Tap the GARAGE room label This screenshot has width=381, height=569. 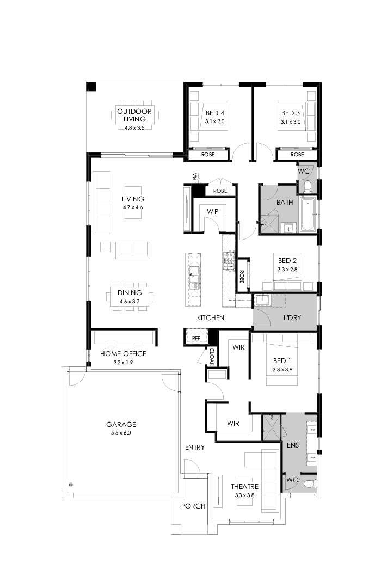[x=121, y=424]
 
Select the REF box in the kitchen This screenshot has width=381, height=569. [x=196, y=338]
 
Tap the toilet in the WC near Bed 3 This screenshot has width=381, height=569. [x=308, y=187]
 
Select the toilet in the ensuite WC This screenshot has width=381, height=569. [x=309, y=483]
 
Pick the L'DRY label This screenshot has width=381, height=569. [x=293, y=317]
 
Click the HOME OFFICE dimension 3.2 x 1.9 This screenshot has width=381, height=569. [x=122, y=362]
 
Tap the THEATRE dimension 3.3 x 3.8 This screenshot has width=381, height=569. [x=244, y=495]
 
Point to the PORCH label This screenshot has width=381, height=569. [x=193, y=506]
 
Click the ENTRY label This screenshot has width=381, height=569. [x=194, y=448]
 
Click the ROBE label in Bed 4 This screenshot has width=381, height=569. [x=208, y=155]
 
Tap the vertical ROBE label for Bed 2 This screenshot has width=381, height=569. [x=242, y=278]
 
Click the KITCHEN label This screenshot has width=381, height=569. [x=211, y=317]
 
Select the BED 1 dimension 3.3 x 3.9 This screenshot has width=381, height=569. [x=282, y=370]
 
